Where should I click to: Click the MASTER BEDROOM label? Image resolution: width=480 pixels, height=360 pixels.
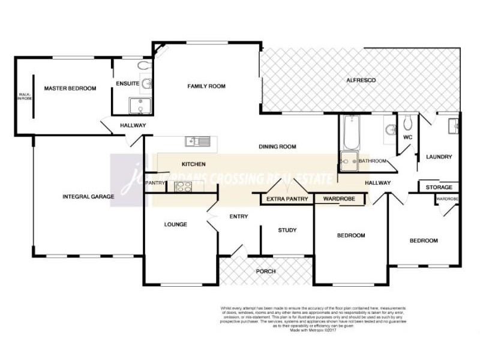70,89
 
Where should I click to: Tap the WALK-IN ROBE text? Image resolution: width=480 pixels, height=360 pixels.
25,97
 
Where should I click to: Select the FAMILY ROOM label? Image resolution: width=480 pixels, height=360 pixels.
206,86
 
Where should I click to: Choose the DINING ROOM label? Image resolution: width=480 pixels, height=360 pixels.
278,146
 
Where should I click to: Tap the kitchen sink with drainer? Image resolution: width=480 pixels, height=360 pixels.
197,142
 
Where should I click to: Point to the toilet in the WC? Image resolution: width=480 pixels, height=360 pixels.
407,122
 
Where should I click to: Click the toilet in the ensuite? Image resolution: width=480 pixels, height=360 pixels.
143,65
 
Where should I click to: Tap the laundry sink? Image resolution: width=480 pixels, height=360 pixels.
453,125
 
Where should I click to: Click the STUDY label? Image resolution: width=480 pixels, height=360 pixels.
287,230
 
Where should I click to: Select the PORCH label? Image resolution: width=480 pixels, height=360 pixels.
266,272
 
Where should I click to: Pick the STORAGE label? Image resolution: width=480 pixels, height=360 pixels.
439,188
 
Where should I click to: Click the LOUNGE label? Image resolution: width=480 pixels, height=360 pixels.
175,225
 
